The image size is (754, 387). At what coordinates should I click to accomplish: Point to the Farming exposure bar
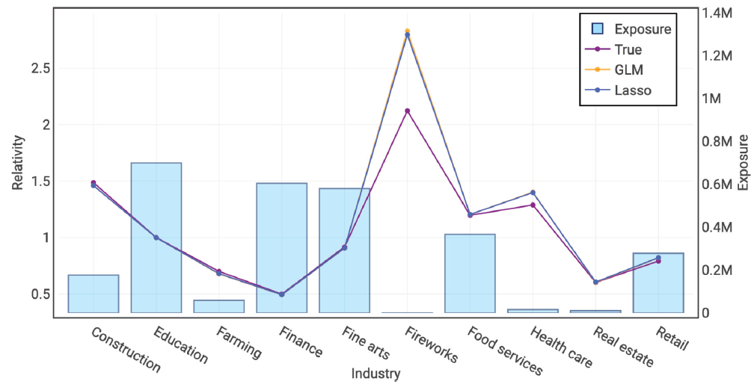[219, 306]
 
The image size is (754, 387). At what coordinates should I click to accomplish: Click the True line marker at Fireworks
[407, 111]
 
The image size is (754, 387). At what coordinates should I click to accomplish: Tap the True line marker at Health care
[533, 205]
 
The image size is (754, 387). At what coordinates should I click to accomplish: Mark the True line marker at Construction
[94, 182]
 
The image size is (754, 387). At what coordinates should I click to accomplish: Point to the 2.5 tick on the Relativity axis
[40, 68]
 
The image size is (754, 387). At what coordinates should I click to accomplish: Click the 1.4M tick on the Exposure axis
[716, 13]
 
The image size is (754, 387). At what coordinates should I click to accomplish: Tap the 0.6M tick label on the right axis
[716, 185]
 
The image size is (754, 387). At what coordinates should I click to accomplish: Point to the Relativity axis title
[18, 162]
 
